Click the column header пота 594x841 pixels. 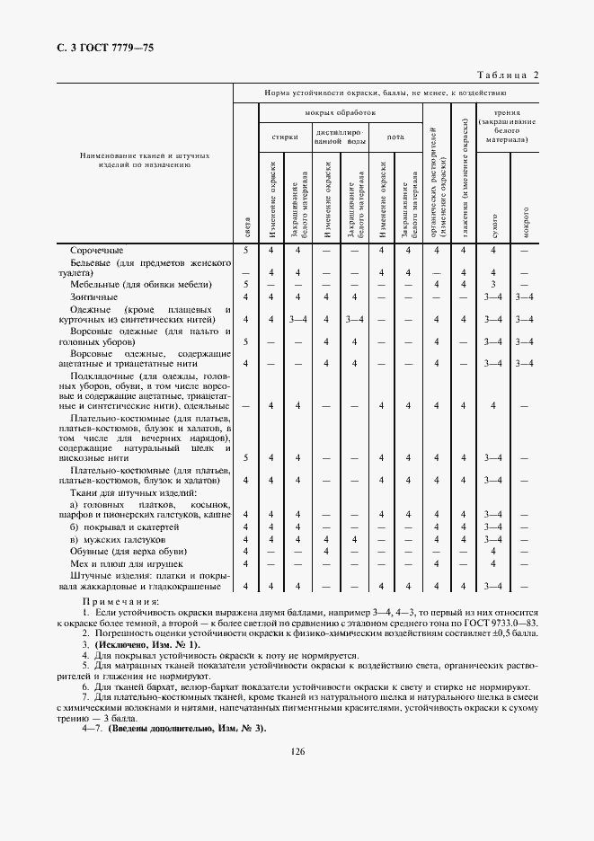point(395,137)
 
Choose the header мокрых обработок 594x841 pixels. point(340,113)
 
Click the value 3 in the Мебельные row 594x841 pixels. point(493,284)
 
